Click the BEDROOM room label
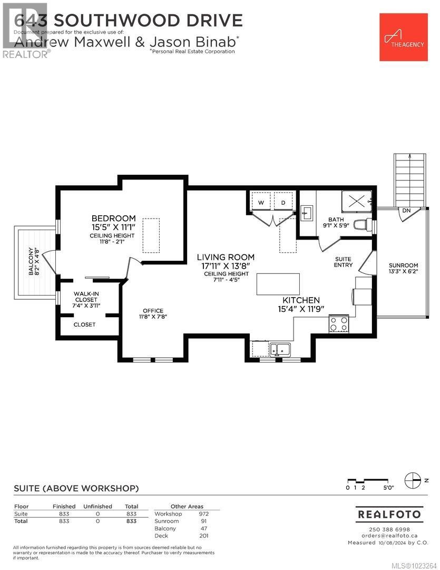pos(113,218)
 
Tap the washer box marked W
pos(261,203)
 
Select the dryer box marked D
pos(282,203)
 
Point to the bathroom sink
pos(308,212)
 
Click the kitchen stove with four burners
pos(338,323)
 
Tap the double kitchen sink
pos(280,349)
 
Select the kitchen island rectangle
pos(278,284)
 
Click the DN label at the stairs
pos(406,211)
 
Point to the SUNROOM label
pos(403,265)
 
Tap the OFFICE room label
pos(153,311)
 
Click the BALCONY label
pos(31,262)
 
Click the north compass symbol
pos(412,481)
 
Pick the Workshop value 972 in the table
pos(204,514)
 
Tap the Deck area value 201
pos(204,536)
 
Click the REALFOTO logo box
pos(389,514)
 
